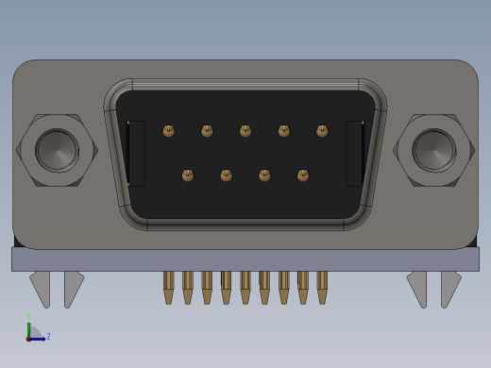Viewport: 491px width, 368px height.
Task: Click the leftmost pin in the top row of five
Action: click(169, 131)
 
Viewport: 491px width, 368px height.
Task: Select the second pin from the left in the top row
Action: click(207, 131)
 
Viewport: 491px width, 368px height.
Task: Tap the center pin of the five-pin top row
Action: click(245, 131)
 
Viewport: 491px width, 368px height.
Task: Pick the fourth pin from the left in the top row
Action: click(284, 131)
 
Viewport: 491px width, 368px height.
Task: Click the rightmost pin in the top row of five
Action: click(322, 131)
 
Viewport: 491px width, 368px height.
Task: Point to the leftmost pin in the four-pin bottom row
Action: click(188, 176)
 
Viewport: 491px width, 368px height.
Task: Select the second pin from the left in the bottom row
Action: click(227, 176)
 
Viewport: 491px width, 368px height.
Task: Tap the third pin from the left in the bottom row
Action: click(264, 176)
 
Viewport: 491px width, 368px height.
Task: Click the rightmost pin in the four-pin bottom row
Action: click(303, 176)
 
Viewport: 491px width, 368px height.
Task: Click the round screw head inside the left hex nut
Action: click(57, 150)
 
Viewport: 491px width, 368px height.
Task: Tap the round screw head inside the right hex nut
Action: click(433, 150)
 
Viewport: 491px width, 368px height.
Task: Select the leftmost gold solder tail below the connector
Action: click(169, 287)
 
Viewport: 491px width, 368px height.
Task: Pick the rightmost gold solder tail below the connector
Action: click(322, 287)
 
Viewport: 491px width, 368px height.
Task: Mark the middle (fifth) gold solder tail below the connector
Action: click(245, 287)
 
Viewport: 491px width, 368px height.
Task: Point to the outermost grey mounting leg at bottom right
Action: click(451, 288)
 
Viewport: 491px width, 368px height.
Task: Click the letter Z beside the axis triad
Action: click(48, 336)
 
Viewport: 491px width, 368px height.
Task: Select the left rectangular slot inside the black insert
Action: click(136, 153)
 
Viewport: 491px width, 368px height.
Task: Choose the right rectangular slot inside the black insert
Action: click(354, 153)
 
